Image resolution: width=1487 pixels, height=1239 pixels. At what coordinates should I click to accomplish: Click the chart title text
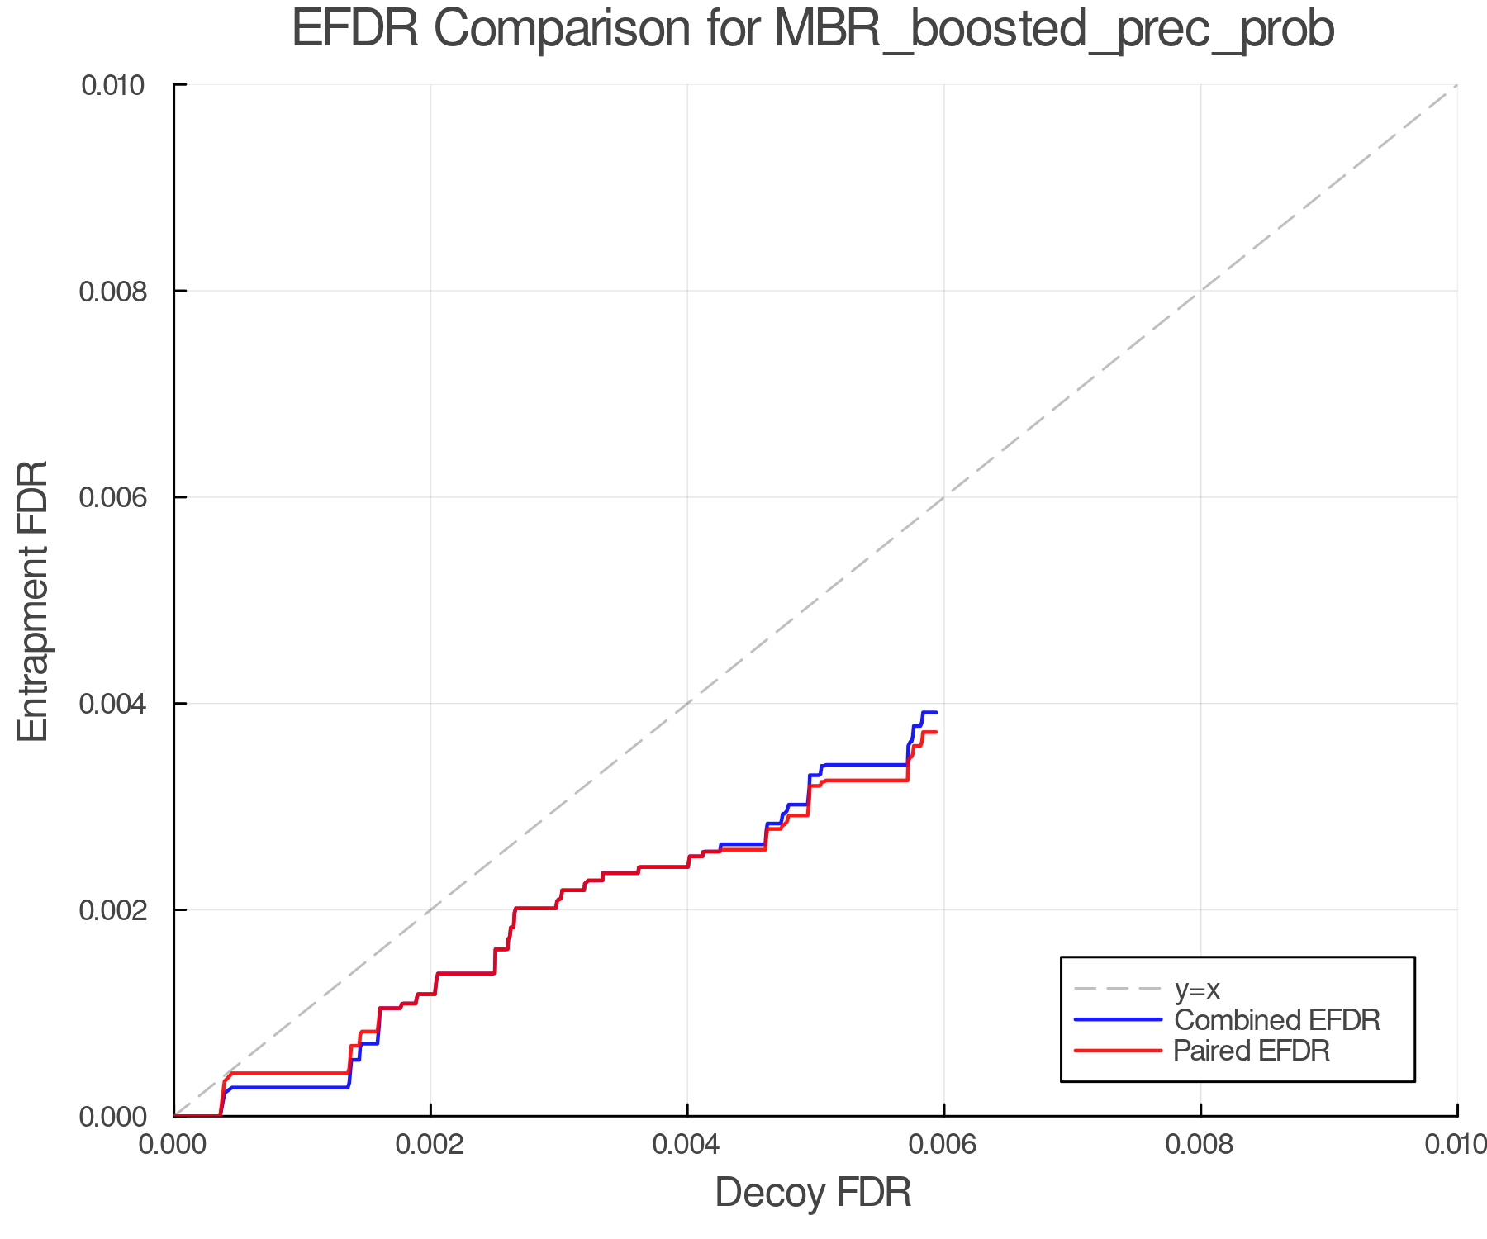tap(813, 30)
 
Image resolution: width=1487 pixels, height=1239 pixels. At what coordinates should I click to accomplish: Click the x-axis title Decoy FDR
tap(813, 1192)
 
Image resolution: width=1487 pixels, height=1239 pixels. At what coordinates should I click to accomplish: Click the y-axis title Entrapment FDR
tap(33, 601)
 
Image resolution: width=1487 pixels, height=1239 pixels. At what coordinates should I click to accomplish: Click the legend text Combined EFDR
tap(1276, 1020)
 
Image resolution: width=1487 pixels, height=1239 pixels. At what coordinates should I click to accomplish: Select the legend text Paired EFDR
tap(1252, 1051)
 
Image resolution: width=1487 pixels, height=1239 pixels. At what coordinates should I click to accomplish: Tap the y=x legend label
tap(1197, 989)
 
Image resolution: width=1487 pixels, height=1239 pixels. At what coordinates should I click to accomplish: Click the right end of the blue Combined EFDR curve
tap(935, 712)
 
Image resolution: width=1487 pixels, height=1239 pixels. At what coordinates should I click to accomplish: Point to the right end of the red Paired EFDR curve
tap(935, 732)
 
